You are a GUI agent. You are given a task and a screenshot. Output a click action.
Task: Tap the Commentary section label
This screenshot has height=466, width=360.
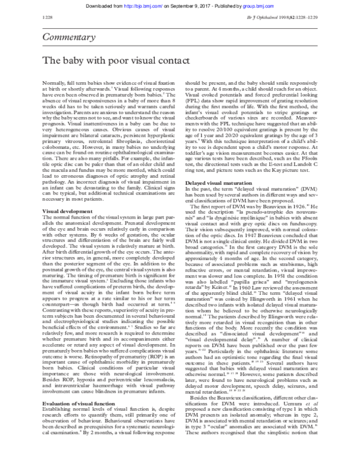click(67, 38)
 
